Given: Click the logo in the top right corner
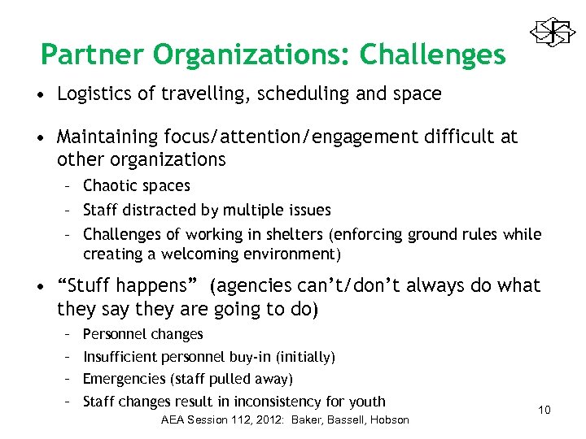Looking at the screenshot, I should [x=553, y=32].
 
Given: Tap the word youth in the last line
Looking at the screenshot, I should [x=366, y=402].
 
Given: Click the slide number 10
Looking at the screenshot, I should [x=544, y=410].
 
